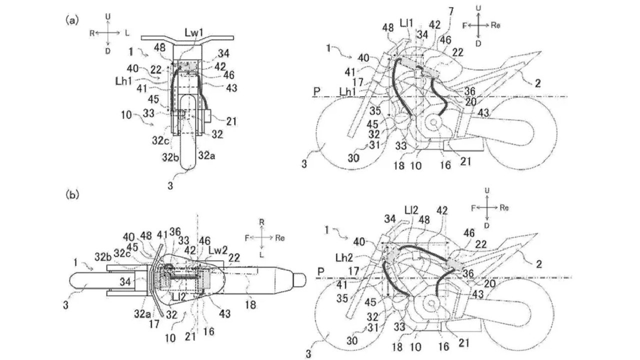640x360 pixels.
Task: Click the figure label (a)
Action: tap(71, 20)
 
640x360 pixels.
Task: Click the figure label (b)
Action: tap(71, 193)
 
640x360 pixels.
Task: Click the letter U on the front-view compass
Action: tap(108, 17)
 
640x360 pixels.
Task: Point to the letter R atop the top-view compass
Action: tap(261, 220)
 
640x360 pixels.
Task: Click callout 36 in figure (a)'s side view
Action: tap(469, 91)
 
